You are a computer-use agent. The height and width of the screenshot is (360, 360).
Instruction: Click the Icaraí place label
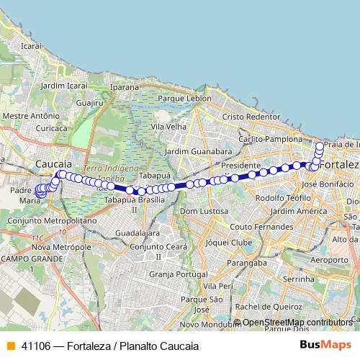32,45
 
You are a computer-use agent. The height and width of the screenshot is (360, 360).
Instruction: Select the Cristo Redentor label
251,116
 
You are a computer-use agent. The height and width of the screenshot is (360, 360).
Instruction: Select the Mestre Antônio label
31,115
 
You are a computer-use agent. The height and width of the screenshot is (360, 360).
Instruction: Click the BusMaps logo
325,346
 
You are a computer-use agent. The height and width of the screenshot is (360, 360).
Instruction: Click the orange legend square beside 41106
10,346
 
